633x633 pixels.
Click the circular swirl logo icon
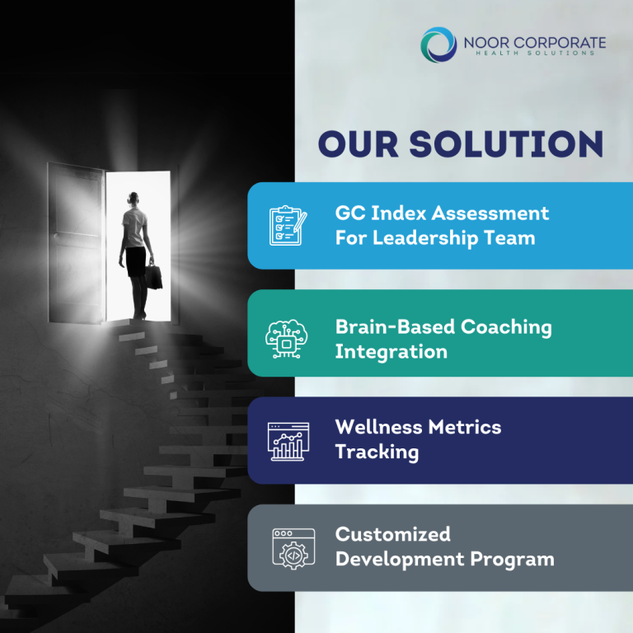pyautogui.click(x=438, y=45)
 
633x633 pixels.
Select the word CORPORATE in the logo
pyautogui.click(x=560, y=43)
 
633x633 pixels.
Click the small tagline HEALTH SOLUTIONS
pyautogui.click(x=535, y=53)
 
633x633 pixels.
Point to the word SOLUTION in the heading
pyautogui.click(x=506, y=143)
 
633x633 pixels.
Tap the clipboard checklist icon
pyautogui.click(x=288, y=225)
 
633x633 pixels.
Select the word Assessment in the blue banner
pyautogui.click(x=490, y=213)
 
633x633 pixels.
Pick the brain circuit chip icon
pyautogui.click(x=286, y=339)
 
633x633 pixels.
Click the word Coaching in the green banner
pyautogui.click(x=506, y=327)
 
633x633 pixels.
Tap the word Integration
pyautogui.click(x=392, y=352)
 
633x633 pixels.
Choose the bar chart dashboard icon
pyautogui.click(x=288, y=441)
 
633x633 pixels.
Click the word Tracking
pyautogui.click(x=377, y=452)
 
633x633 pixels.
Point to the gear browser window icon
pyautogui.click(x=293, y=549)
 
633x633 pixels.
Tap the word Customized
pyautogui.click(x=393, y=534)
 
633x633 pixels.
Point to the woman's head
pyautogui.click(x=134, y=199)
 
